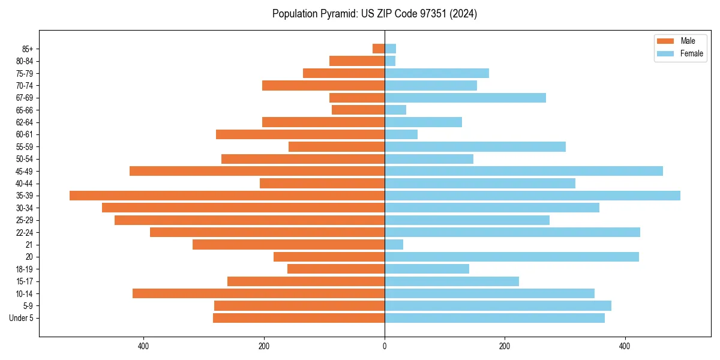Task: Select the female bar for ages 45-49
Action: pyautogui.click(x=523, y=171)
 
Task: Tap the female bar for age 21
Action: pyautogui.click(x=394, y=244)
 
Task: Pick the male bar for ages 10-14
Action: pyautogui.click(x=258, y=293)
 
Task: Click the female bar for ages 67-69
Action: pyautogui.click(x=465, y=98)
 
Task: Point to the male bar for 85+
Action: pyautogui.click(x=379, y=49)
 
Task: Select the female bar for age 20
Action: pyautogui.click(x=511, y=257)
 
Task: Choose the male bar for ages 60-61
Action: pyautogui.click(x=300, y=134)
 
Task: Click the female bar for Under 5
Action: pyautogui.click(x=494, y=318)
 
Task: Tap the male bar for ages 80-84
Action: pyautogui.click(x=357, y=61)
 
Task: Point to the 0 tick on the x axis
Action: pyautogui.click(x=385, y=346)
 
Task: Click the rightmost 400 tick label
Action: pyautogui.click(x=625, y=346)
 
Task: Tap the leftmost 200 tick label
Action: pyautogui.click(x=264, y=346)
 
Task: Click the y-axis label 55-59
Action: pyautogui.click(x=25, y=146)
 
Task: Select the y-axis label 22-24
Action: pyautogui.click(x=25, y=232)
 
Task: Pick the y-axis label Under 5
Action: pyautogui.click(x=22, y=318)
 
